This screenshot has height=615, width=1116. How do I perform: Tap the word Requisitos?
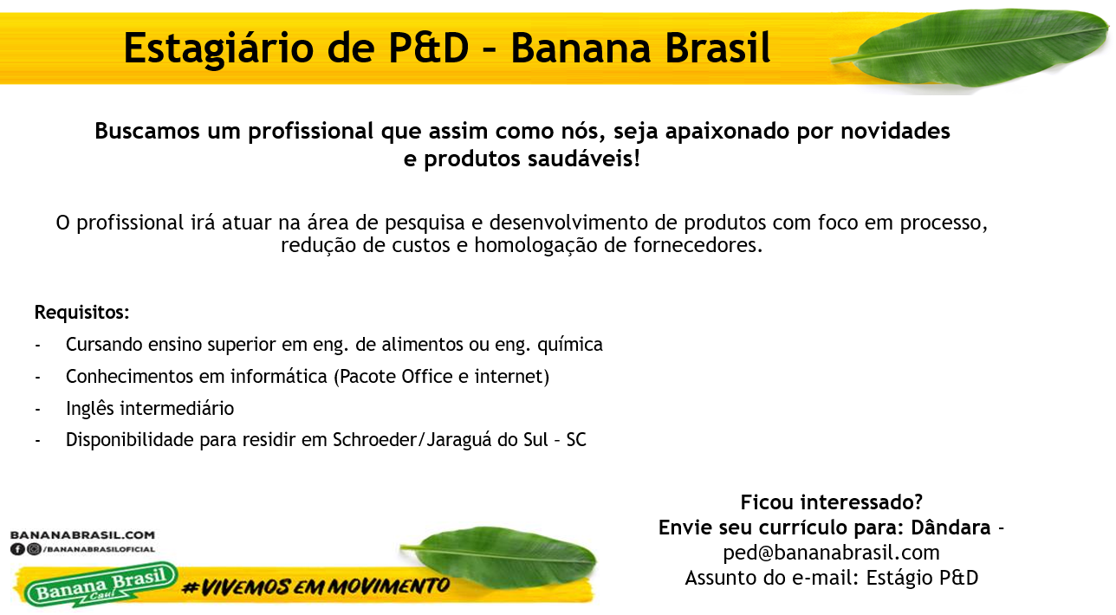coord(81,312)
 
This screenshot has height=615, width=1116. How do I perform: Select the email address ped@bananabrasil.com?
coord(831,553)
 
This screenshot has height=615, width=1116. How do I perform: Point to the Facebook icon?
coord(17,549)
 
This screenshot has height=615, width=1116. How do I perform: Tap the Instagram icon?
coord(33,549)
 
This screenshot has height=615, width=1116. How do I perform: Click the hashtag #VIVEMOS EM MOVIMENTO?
coord(315,587)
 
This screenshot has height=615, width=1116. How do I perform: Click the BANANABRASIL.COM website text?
coord(82,535)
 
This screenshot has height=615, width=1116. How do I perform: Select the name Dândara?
coord(951,528)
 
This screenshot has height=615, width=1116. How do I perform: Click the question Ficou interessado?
coord(831,502)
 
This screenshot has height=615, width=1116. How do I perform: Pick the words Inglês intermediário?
coord(150,408)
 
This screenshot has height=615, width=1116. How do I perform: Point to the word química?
coord(569,345)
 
